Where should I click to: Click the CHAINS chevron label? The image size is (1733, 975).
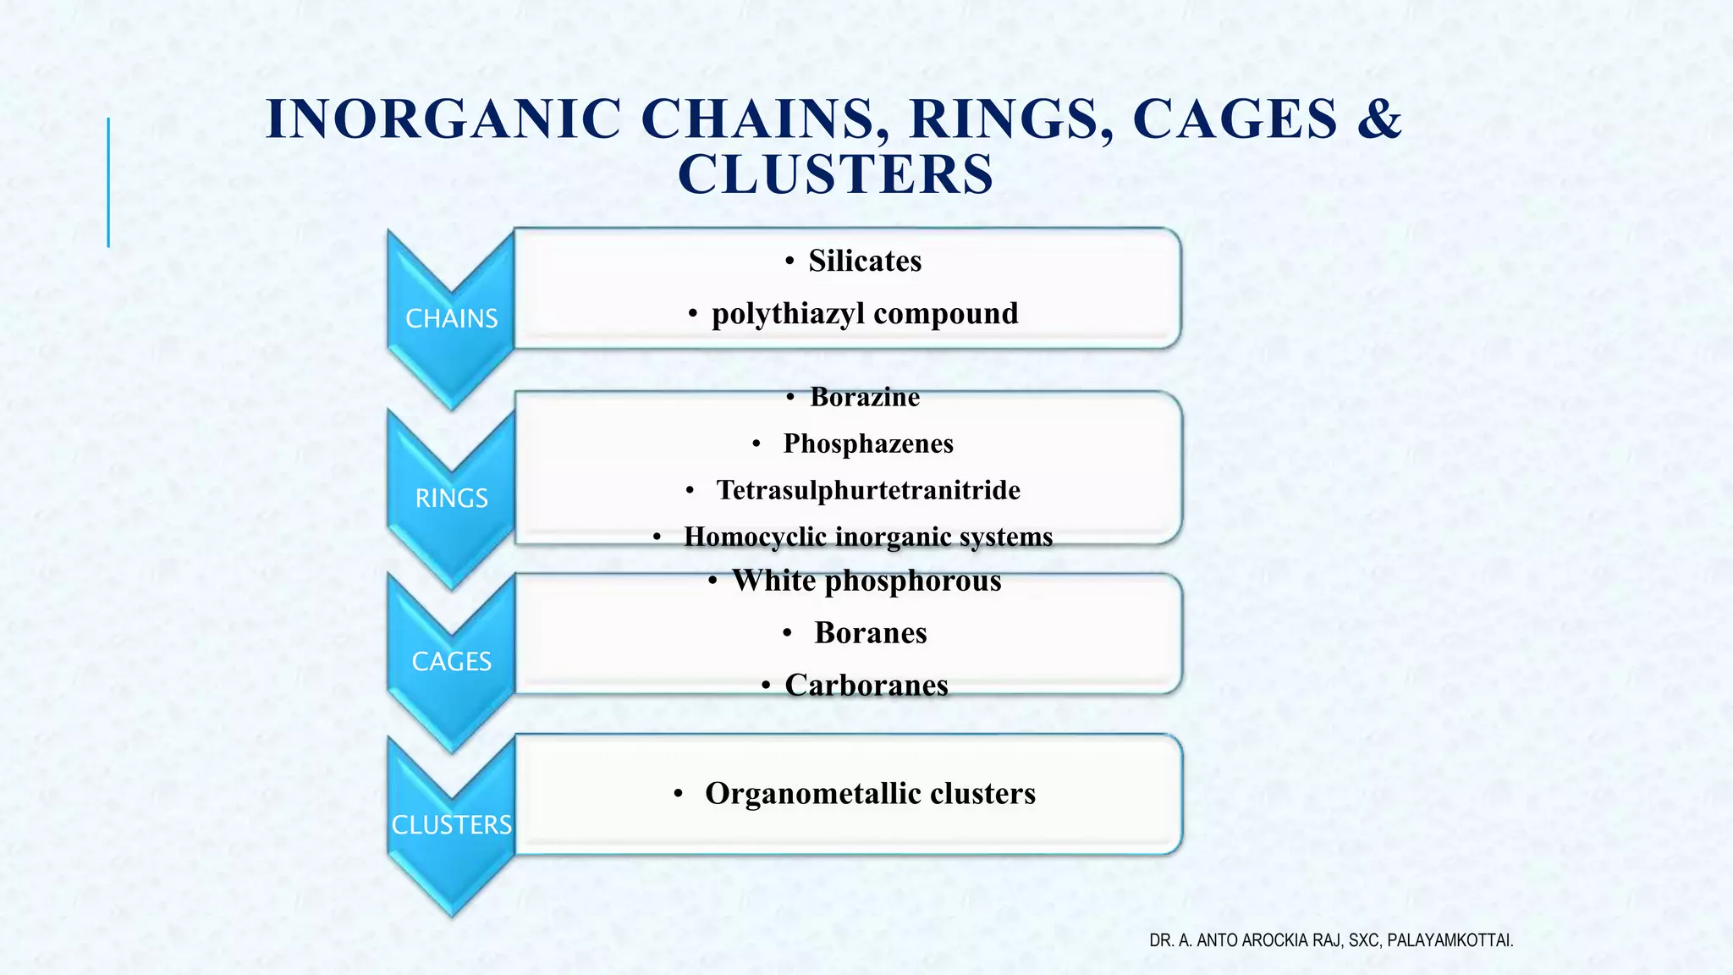click(451, 318)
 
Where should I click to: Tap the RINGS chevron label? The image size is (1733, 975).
click(451, 498)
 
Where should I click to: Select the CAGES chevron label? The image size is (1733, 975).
click(451, 661)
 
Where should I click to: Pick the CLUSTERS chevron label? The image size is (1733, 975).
click(451, 824)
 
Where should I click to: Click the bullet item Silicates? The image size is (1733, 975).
click(864, 261)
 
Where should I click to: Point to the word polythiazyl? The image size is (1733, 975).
click(789, 314)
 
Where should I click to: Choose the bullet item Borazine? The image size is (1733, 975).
click(864, 397)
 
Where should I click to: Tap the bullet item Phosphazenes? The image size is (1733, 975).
click(867, 443)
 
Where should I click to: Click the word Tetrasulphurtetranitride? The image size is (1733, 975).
click(868, 490)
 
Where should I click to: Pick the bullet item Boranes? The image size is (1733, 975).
click(870, 633)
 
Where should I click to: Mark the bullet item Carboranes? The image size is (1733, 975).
click(866, 685)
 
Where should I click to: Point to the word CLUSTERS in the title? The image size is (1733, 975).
click(835, 174)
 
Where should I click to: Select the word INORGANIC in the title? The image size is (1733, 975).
click(444, 118)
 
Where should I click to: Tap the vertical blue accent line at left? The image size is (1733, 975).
click(108, 182)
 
